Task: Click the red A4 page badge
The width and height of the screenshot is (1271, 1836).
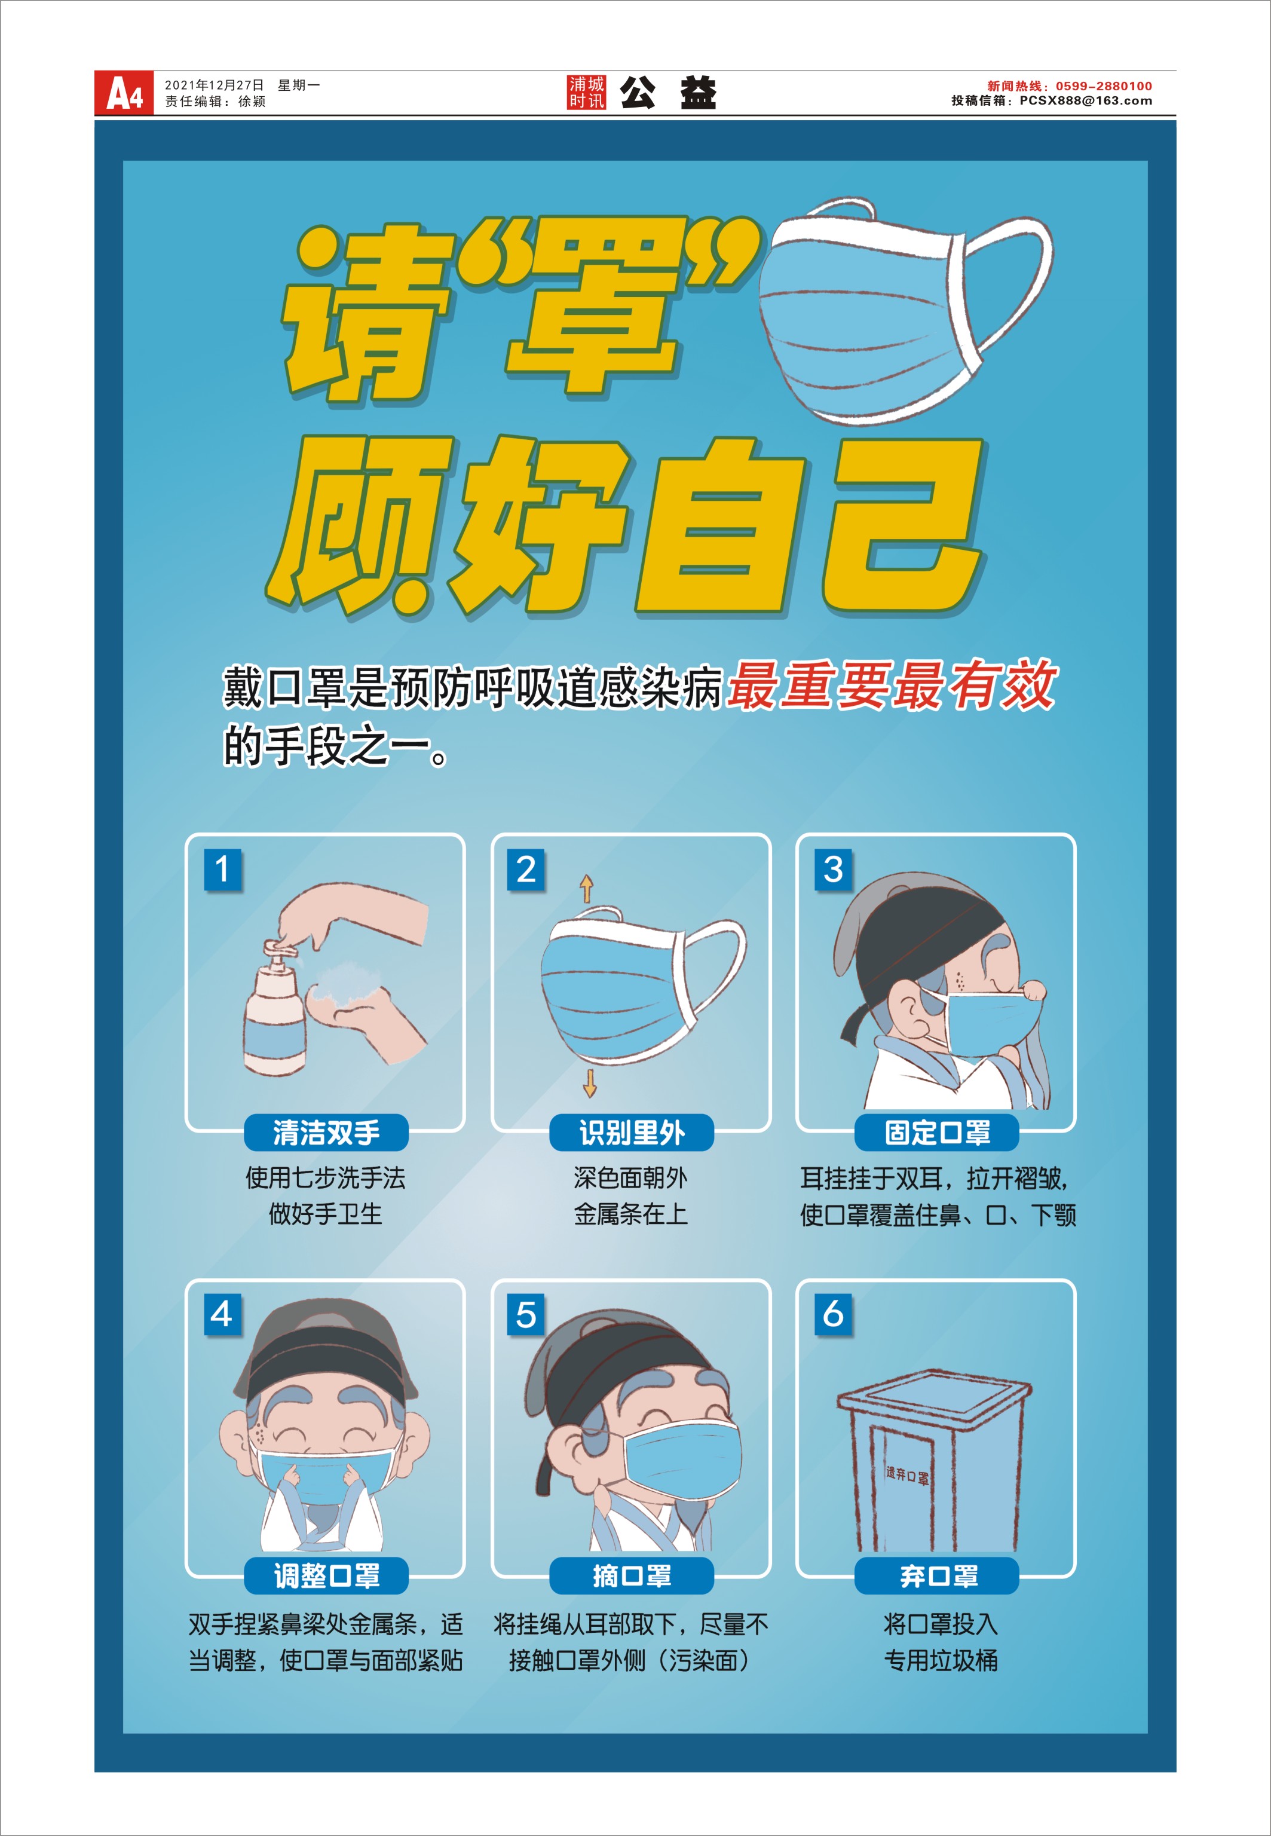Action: (x=124, y=93)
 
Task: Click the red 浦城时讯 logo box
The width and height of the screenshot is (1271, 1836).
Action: (x=587, y=93)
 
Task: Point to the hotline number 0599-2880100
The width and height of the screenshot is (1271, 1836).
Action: (x=1104, y=86)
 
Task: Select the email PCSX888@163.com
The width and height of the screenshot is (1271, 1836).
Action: (x=1085, y=101)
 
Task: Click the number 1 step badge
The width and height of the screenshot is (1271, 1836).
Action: (x=223, y=869)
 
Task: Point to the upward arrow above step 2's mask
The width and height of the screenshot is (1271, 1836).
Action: (x=586, y=888)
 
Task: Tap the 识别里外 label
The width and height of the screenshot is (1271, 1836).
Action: (x=632, y=1133)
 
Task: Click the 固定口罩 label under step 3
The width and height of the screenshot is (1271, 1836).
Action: (x=938, y=1133)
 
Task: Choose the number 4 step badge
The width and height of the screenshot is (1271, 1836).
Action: (x=223, y=1314)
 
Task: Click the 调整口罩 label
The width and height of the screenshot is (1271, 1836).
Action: (x=326, y=1575)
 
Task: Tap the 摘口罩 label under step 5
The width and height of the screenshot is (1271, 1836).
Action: (x=632, y=1575)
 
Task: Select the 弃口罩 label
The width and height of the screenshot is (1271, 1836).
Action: (x=938, y=1575)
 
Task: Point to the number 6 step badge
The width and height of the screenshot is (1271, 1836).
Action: (x=833, y=1314)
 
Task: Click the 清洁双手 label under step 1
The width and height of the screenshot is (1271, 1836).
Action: (x=326, y=1133)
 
